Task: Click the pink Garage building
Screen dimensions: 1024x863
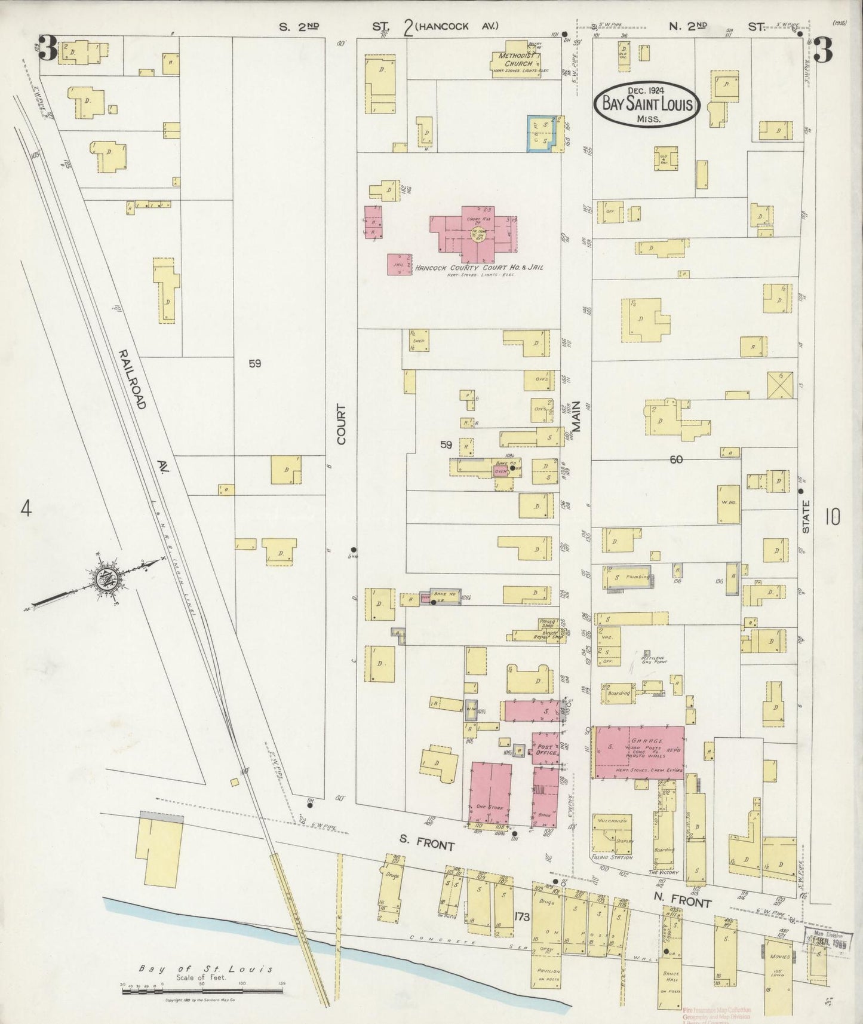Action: pyautogui.click(x=638, y=752)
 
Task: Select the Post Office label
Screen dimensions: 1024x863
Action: pyautogui.click(x=546, y=749)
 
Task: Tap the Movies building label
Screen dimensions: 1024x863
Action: pyautogui.click(x=782, y=956)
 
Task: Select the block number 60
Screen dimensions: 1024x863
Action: pyautogui.click(x=675, y=459)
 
